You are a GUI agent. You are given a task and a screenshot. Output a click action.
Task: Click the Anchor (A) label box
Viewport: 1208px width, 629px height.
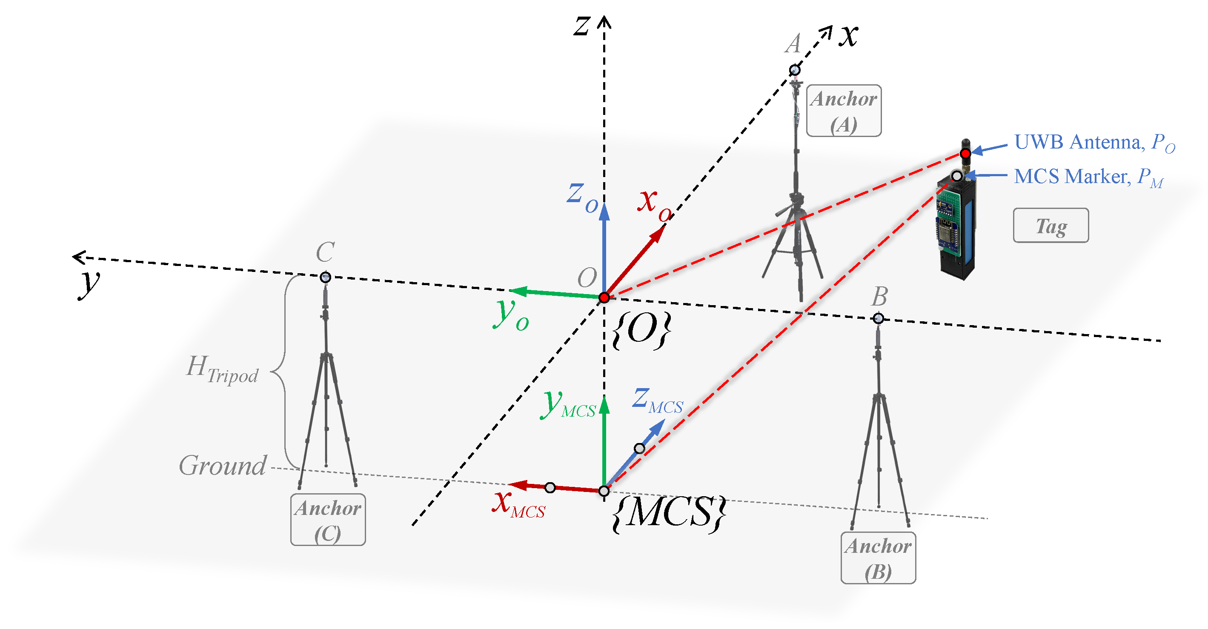click(x=843, y=111)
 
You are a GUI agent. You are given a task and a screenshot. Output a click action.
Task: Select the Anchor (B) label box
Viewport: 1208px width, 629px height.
click(x=878, y=558)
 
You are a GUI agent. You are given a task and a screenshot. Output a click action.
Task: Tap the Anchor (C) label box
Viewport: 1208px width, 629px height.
click(x=328, y=519)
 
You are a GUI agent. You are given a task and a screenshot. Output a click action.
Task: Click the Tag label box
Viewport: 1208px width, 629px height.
click(x=1051, y=226)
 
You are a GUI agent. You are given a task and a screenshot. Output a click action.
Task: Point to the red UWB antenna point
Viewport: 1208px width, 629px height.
click(x=965, y=153)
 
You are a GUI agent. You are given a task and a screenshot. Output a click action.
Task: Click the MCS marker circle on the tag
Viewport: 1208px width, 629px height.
click(x=956, y=176)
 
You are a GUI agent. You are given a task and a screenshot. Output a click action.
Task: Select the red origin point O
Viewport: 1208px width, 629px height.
click(x=604, y=297)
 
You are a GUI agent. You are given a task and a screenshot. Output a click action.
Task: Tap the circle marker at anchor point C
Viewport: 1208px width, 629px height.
click(x=325, y=277)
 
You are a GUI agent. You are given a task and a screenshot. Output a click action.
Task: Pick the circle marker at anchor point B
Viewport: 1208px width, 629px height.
click(x=878, y=319)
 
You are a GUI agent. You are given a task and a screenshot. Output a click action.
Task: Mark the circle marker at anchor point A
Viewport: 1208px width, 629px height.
click(x=794, y=70)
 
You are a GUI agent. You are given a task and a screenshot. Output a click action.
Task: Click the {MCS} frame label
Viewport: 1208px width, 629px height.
click(x=669, y=513)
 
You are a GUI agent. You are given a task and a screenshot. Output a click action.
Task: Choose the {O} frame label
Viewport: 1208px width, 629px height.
click(x=641, y=330)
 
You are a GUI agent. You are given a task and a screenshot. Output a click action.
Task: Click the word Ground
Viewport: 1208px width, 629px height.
click(x=223, y=466)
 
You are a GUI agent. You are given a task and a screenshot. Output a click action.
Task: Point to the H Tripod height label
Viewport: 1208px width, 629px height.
click(x=222, y=369)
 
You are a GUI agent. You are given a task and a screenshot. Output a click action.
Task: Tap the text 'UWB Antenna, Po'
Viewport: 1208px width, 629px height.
click(x=1093, y=143)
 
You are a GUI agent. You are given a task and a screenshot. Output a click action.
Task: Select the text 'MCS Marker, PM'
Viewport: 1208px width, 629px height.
click(x=1088, y=177)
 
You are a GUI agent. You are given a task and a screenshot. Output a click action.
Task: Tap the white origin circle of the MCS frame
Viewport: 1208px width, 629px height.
click(x=604, y=491)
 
